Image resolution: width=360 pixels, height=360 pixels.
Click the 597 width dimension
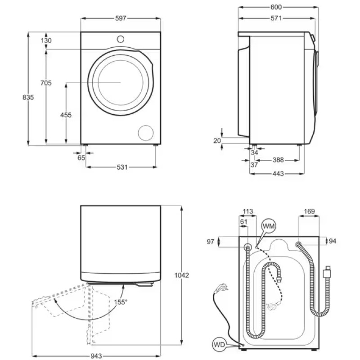click(x=121, y=18)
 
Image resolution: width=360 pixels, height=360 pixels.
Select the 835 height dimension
click(x=28, y=97)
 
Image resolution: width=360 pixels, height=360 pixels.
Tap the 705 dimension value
click(x=46, y=83)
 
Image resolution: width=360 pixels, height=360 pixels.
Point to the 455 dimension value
click(x=66, y=115)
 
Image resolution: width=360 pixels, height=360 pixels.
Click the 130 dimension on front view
click(x=46, y=40)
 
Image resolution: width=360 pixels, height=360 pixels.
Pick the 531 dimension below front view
click(x=122, y=167)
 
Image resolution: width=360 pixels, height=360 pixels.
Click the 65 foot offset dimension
click(x=81, y=158)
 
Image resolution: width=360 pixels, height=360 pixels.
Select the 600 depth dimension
click(x=276, y=7)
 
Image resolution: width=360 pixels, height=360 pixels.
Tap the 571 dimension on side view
click(x=276, y=18)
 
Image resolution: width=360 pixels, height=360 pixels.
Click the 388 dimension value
click(x=278, y=160)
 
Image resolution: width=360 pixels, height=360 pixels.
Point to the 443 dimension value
click(x=278, y=174)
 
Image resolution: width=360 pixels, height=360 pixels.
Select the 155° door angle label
click(x=121, y=302)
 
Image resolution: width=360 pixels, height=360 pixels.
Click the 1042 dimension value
click(x=181, y=275)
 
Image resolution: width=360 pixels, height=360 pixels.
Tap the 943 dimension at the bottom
click(x=96, y=356)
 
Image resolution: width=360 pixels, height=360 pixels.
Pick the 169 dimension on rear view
click(x=309, y=211)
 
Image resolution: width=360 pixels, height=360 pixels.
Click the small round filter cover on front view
click(x=145, y=132)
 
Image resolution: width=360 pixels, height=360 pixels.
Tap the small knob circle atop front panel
click(x=120, y=39)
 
